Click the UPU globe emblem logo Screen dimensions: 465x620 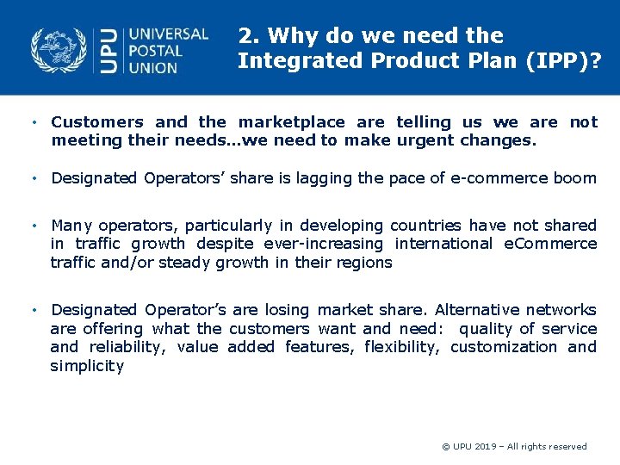pyautogui.click(x=59, y=49)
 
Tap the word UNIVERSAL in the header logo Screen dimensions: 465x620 pyautogui.click(x=168, y=34)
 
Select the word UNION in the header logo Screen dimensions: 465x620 pyautogui.click(x=154, y=67)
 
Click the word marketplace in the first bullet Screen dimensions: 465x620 pyautogui.click(x=291, y=122)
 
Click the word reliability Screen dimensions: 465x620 pyautogui.click(x=128, y=347)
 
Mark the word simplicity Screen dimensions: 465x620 pyautogui.click(x=87, y=366)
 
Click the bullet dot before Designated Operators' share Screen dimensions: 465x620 pyautogui.click(x=33, y=179)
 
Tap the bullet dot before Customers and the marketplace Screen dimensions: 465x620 pyautogui.click(x=33, y=123)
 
